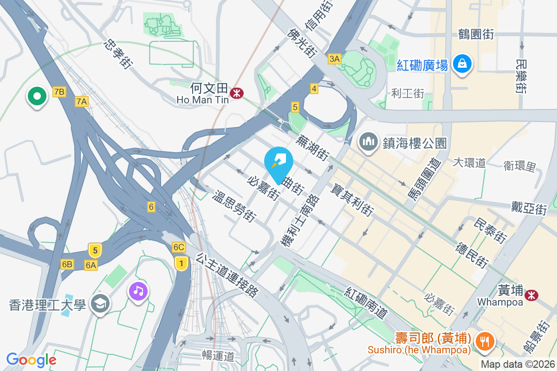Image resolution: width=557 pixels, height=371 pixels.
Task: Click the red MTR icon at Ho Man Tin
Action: tap(237, 93)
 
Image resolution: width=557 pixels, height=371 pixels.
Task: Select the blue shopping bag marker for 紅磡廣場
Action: tap(462, 64)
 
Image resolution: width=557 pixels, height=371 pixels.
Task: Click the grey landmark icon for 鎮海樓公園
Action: tap(369, 142)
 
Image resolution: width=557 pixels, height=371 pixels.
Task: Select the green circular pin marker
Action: tap(37, 96)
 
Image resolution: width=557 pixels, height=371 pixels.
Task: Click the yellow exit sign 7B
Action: tap(59, 91)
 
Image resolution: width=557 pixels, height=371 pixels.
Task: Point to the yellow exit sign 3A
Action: tap(334, 58)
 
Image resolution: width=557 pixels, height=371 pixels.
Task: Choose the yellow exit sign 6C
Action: tap(179, 247)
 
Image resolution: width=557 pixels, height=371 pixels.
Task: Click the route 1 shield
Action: tap(181, 263)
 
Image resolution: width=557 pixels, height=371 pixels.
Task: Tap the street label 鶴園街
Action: tap(476, 34)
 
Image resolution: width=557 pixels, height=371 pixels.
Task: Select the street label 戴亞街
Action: tap(529, 208)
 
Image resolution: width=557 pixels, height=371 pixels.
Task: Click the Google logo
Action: tap(31, 359)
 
